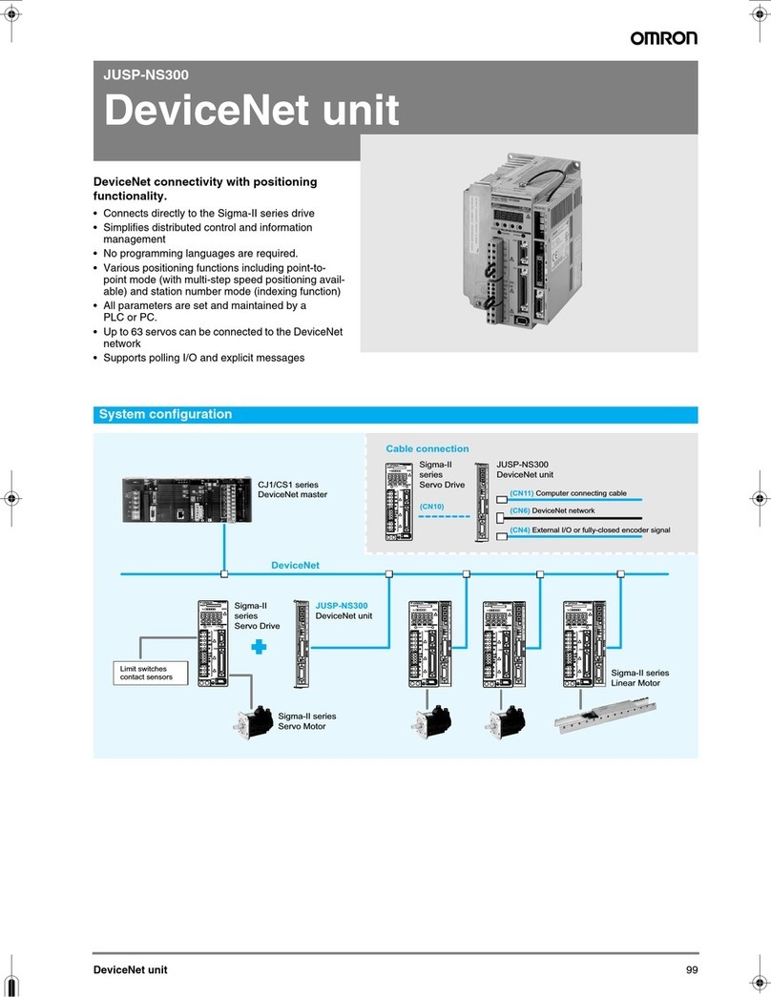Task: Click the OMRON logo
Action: pyautogui.click(x=662, y=38)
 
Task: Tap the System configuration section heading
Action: pyautogui.click(x=166, y=415)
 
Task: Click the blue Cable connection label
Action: pyautogui.click(x=427, y=448)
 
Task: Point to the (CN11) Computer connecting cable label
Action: pyautogui.click(x=567, y=493)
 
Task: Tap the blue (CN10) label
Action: pyautogui.click(x=432, y=506)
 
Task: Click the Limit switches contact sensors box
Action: pyautogui.click(x=146, y=673)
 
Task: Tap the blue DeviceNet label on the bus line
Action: pyautogui.click(x=294, y=565)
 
